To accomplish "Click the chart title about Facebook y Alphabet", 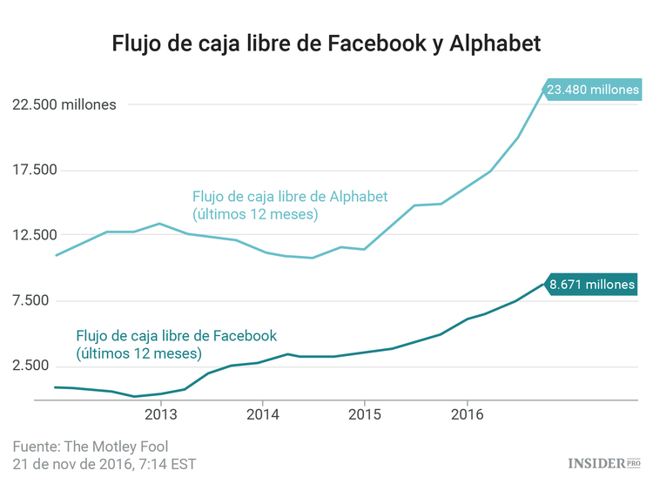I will [x=326, y=44].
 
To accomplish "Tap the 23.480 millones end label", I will [x=593, y=89].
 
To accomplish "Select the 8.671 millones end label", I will [x=593, y=284].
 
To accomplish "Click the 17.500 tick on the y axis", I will [x=32, y=170].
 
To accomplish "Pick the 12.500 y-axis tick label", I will [x=32, y=235].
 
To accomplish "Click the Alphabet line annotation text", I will [x=289, y=205].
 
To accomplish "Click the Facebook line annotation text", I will [x=176, y=345].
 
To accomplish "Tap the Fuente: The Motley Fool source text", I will [x=90, y=446].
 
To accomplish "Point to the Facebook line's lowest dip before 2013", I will [x=134, y=396].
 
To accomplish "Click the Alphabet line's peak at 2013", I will [x=159, y=224].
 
